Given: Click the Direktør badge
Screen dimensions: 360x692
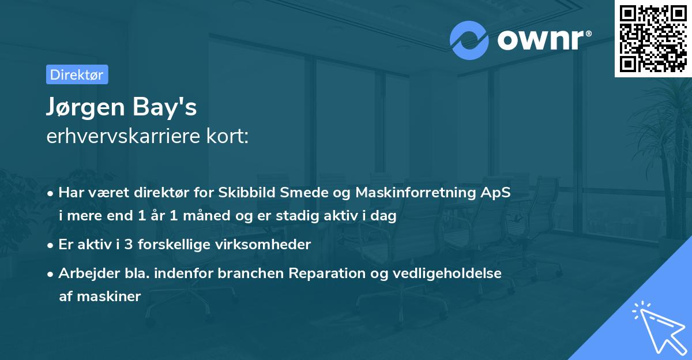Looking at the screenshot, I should [77, 74].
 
